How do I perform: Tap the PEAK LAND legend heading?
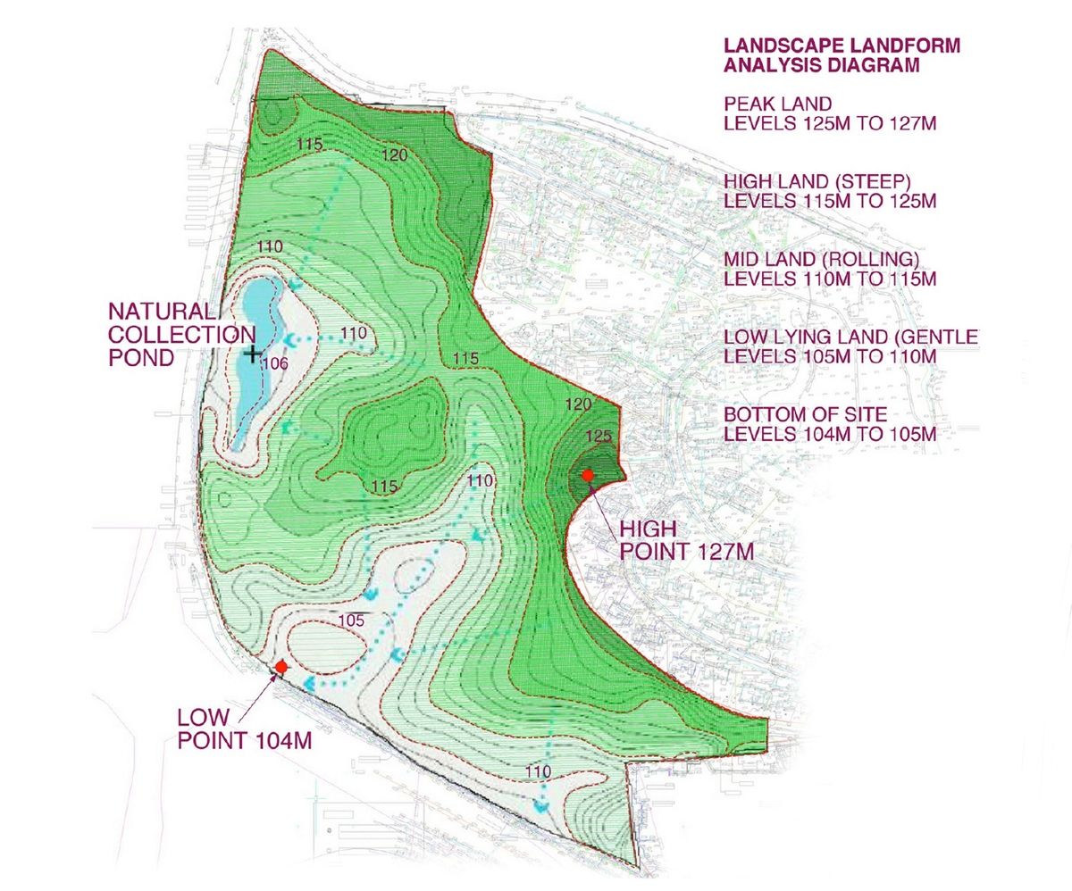point(777,104)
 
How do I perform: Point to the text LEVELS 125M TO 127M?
point(829,123)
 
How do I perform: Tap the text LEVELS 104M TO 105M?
point(829,435)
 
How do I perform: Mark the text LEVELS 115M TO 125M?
point(829,201)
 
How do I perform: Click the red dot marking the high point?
point(588,476)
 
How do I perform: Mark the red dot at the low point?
point(281,667)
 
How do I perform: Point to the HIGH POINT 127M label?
point(686,540)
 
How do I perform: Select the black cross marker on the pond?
point(252,354)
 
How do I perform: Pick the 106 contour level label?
point(276,363)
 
